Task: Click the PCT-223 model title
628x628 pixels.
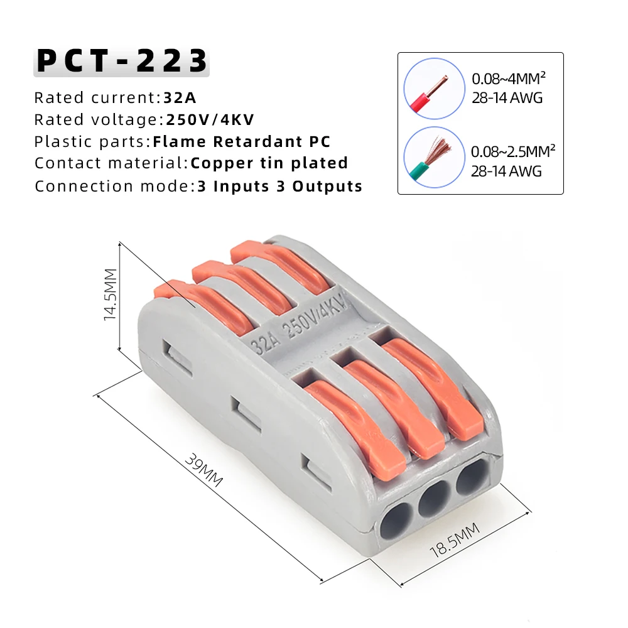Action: coord(121,62)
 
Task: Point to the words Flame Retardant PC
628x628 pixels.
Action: coord(242,142)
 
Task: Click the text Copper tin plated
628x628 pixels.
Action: coord(269,164)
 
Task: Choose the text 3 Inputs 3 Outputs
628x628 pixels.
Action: coord(279,187)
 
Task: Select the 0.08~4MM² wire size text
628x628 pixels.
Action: coord(509,80)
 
